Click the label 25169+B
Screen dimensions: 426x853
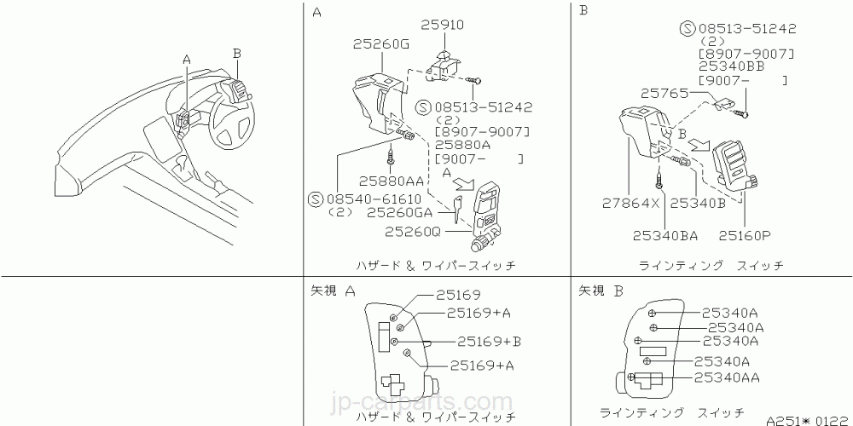(489, 341)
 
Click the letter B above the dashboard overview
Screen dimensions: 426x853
(237, 53)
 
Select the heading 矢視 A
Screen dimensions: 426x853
(334, 291)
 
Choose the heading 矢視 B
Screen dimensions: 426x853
(601, 291)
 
